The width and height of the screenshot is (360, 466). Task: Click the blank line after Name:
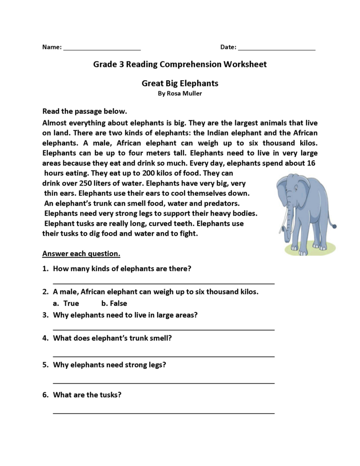coord(102,50)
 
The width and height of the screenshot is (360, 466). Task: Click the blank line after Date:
coord(276,50)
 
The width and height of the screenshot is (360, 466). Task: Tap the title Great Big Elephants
coord(180,83)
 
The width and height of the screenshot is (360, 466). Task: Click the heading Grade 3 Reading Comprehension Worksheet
coord(180,64)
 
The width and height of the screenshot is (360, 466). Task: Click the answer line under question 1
coord(163,283)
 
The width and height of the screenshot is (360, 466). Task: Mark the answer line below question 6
coord(163,413)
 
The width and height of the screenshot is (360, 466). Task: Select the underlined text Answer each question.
coord(81,254)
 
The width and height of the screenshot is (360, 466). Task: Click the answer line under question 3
coord(163,329)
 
